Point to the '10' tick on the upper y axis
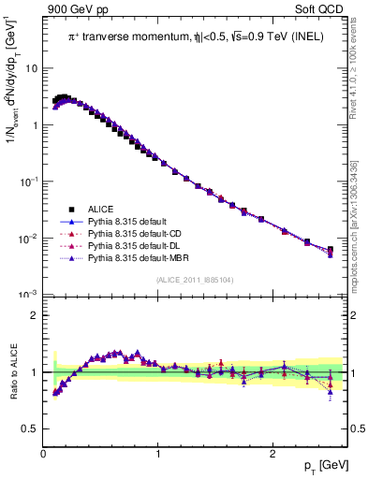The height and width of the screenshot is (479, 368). [32, 68]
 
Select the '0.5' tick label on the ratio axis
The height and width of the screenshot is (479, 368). [30, 428]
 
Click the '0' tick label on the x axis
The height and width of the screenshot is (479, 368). [44, 454]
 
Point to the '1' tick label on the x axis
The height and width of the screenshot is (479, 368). [158, 454]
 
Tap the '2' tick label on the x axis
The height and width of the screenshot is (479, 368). [272, 454]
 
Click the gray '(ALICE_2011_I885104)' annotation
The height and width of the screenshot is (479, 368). [195, 280]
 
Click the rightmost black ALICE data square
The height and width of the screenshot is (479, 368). [330, 250]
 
